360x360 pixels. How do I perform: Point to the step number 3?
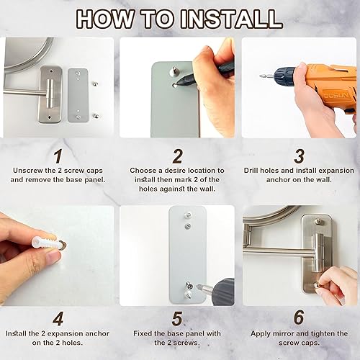[x=299, y=156]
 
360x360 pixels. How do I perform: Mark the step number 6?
[x=299, y=318]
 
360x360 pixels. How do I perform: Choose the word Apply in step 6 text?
[x=261, y=333]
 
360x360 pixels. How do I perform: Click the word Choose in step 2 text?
[x=143, y=171]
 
